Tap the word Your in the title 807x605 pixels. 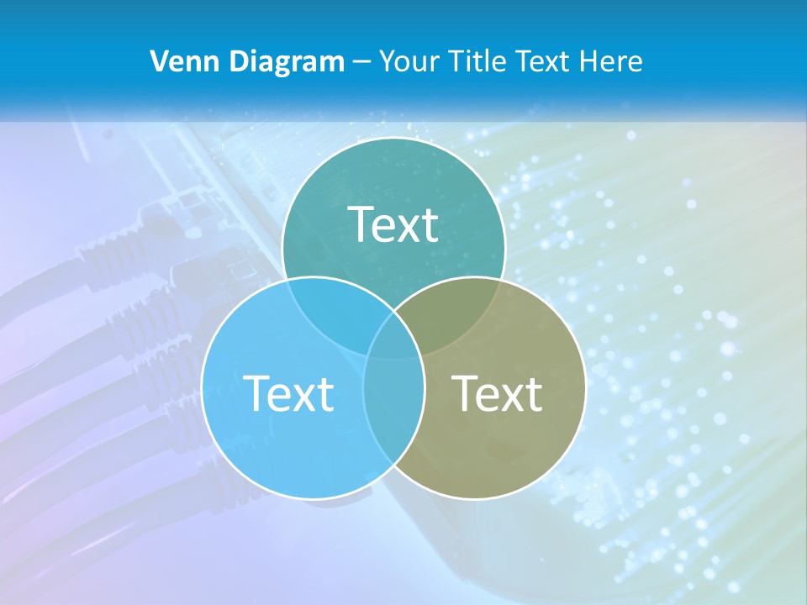(x=405, y=61)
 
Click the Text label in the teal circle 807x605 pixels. (x=393, y=224)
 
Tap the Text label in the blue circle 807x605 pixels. (x=288, y=393)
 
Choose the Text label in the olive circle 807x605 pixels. (x=497, y=393)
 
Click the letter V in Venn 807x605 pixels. (x=159, y=61)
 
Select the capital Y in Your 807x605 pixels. (x=388, y=61)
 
